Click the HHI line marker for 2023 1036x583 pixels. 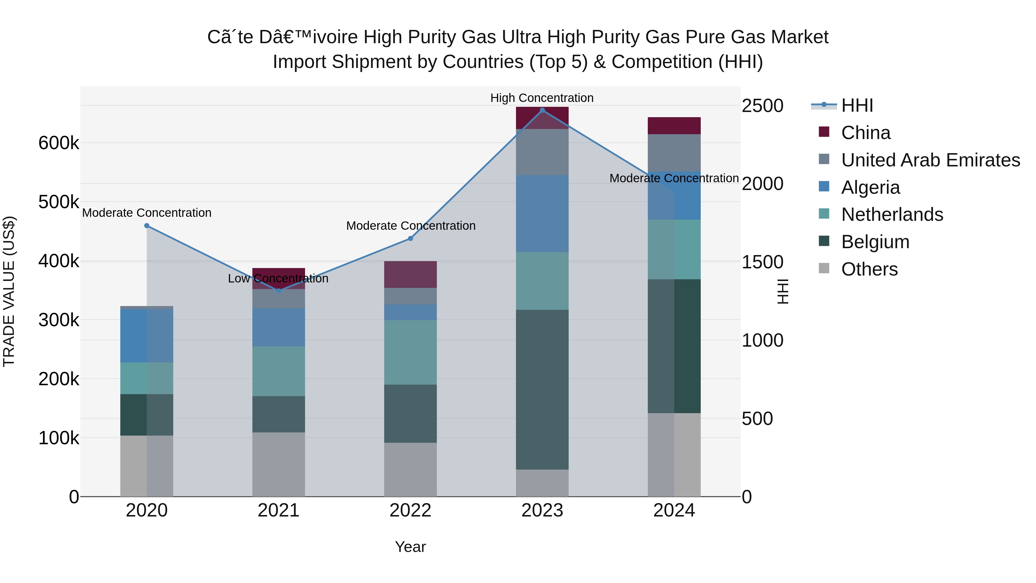pos(542,110)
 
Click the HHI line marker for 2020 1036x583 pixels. pos(147,226)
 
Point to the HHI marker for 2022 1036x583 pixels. pos(410,239)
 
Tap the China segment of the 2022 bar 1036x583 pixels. pos(410,274)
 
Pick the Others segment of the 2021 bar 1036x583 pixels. pos(278,464)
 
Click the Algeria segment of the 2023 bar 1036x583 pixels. pos(542,214)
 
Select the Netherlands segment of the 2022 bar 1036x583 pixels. pos(410,352)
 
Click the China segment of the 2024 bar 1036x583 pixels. pos(674,126)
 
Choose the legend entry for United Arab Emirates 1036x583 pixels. pos(930,160)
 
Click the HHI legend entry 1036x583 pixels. pos(857,105)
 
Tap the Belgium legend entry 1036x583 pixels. pos(875,242)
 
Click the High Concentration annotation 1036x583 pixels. pos(542,98)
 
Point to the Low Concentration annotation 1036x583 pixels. pos(278,278)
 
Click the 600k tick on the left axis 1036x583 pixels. pos(59,143)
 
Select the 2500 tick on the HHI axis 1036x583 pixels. pos(762,106)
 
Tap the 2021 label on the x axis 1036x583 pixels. pos(278,510)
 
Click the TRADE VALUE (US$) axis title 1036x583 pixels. pos(9,291)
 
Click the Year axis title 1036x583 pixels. pos(410,547)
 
